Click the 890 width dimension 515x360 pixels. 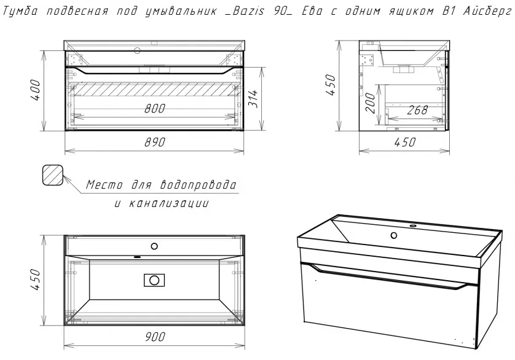pos(154,143)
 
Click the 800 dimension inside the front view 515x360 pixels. pos(154,108)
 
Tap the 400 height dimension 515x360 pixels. pos(35,90)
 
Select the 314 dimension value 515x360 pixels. pos(253,98)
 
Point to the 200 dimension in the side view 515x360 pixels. pos(370,103)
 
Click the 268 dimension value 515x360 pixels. pos(417,110)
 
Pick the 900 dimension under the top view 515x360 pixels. pos(154,337)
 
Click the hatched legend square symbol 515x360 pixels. pos(53,175)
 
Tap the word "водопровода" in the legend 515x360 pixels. pos(198,185)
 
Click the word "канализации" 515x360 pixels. pos(168,203)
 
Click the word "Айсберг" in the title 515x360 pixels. pos(487,12)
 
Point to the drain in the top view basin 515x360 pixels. pos(154,280)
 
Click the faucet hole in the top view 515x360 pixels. pos(154,246)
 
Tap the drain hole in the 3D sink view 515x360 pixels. pos(393,235)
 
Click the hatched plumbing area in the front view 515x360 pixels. pos(154,89)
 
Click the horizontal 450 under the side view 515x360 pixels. pos(404,143)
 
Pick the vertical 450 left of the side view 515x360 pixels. pos(331,85)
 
